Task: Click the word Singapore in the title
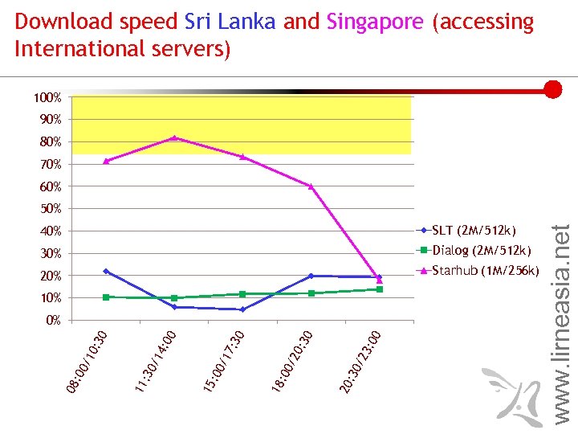[374, 22]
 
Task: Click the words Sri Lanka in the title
[230, 22]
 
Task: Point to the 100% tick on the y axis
[47, 97]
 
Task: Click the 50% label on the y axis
[50, 209]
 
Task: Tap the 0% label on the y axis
[53, 321]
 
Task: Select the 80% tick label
[50, 142]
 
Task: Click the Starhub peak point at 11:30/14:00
[174, 138]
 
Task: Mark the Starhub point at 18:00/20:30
[311, 186]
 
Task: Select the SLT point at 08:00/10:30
[106, 272]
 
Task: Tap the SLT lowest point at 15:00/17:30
[242, 309]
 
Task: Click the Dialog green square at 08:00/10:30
[106, 297]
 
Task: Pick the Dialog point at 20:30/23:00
[380, 289]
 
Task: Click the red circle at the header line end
[552, 89]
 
